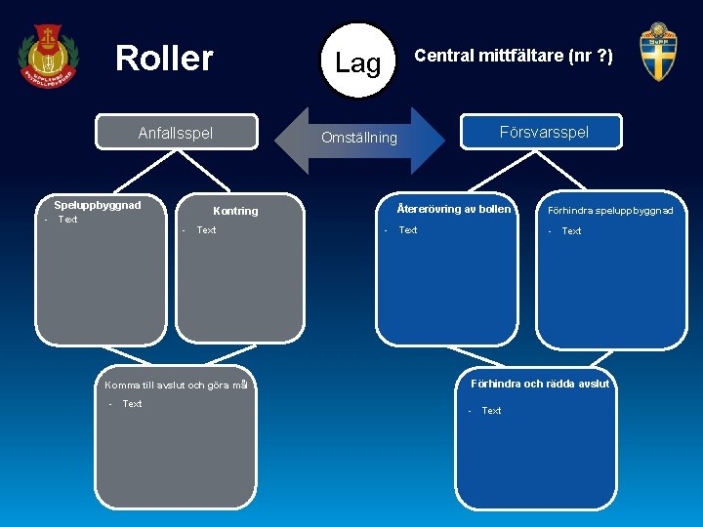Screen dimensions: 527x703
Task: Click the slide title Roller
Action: pos(164,59)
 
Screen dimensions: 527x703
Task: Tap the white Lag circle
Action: pos(357,62)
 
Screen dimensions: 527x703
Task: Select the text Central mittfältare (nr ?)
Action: pos(514,57)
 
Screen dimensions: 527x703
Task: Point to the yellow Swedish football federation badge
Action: pos(657,53)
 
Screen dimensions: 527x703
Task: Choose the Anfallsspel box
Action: pos(176,133)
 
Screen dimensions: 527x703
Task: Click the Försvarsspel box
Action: pos(544,132)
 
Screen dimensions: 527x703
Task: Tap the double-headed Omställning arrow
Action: pos(360,139)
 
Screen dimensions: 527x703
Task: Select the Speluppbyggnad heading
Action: pos(98,205)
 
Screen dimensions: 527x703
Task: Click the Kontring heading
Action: pos(235,211)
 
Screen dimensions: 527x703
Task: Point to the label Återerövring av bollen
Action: pos(453,209)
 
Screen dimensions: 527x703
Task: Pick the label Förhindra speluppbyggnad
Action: pos(610,210)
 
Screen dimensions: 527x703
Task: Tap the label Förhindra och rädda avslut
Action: pos(539,384)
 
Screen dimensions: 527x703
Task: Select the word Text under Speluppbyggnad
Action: pos(67,220)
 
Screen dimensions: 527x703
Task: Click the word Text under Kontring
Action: pos(206,230)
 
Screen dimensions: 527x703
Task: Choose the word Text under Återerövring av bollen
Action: pos(408,230)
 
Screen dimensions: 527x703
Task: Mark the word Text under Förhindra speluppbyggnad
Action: pos(571,231)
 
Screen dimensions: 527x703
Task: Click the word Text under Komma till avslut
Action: pos(132,404)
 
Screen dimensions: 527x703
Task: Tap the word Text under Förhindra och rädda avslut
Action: pos(491,411)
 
